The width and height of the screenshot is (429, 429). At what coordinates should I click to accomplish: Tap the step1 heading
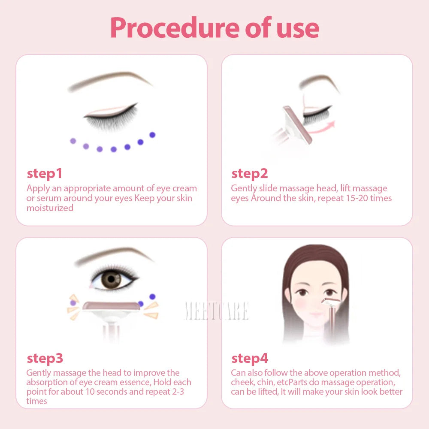(x=45, y=174)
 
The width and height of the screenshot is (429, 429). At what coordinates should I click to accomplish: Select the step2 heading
(x=249, y=174)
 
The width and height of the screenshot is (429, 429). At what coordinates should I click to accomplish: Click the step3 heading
(x=45, y=358)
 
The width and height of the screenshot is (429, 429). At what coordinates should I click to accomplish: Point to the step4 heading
(x=249, y=358)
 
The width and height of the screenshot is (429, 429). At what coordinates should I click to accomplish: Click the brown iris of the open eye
(x=112, y=280)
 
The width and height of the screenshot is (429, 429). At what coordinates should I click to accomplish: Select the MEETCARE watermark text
(x=217, y=311)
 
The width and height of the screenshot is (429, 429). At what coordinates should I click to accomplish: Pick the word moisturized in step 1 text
(x=50, y=208)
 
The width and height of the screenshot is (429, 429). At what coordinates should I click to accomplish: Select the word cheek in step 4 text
(x=242, y=382)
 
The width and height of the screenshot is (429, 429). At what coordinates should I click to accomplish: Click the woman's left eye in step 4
(x=329, y=293)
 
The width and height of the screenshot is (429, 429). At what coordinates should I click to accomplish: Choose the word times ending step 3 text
(x=36, y=401)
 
